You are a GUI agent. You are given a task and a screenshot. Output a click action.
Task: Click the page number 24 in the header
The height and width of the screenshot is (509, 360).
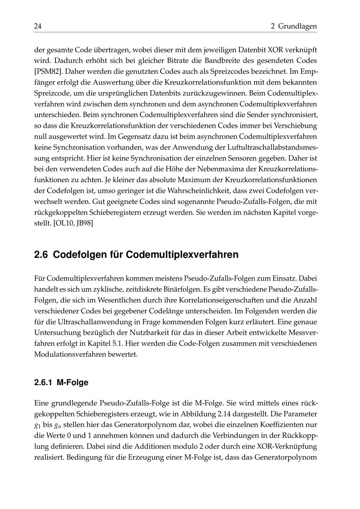[x=38, y=26]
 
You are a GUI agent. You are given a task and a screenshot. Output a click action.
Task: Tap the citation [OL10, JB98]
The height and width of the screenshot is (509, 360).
[x=73, y=223]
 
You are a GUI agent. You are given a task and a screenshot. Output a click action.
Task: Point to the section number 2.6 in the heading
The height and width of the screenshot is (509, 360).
[x=41, y=254]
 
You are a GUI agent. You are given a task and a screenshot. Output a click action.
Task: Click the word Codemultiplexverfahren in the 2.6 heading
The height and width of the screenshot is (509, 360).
[x=182, y=254]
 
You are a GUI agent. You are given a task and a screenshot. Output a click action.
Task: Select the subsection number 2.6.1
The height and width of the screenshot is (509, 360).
[x=43, y=382]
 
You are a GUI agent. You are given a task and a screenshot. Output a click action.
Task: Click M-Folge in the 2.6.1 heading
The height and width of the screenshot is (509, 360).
[x=73, y=382]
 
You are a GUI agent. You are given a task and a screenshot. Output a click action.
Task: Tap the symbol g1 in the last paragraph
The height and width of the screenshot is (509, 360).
[x=37, y=425]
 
